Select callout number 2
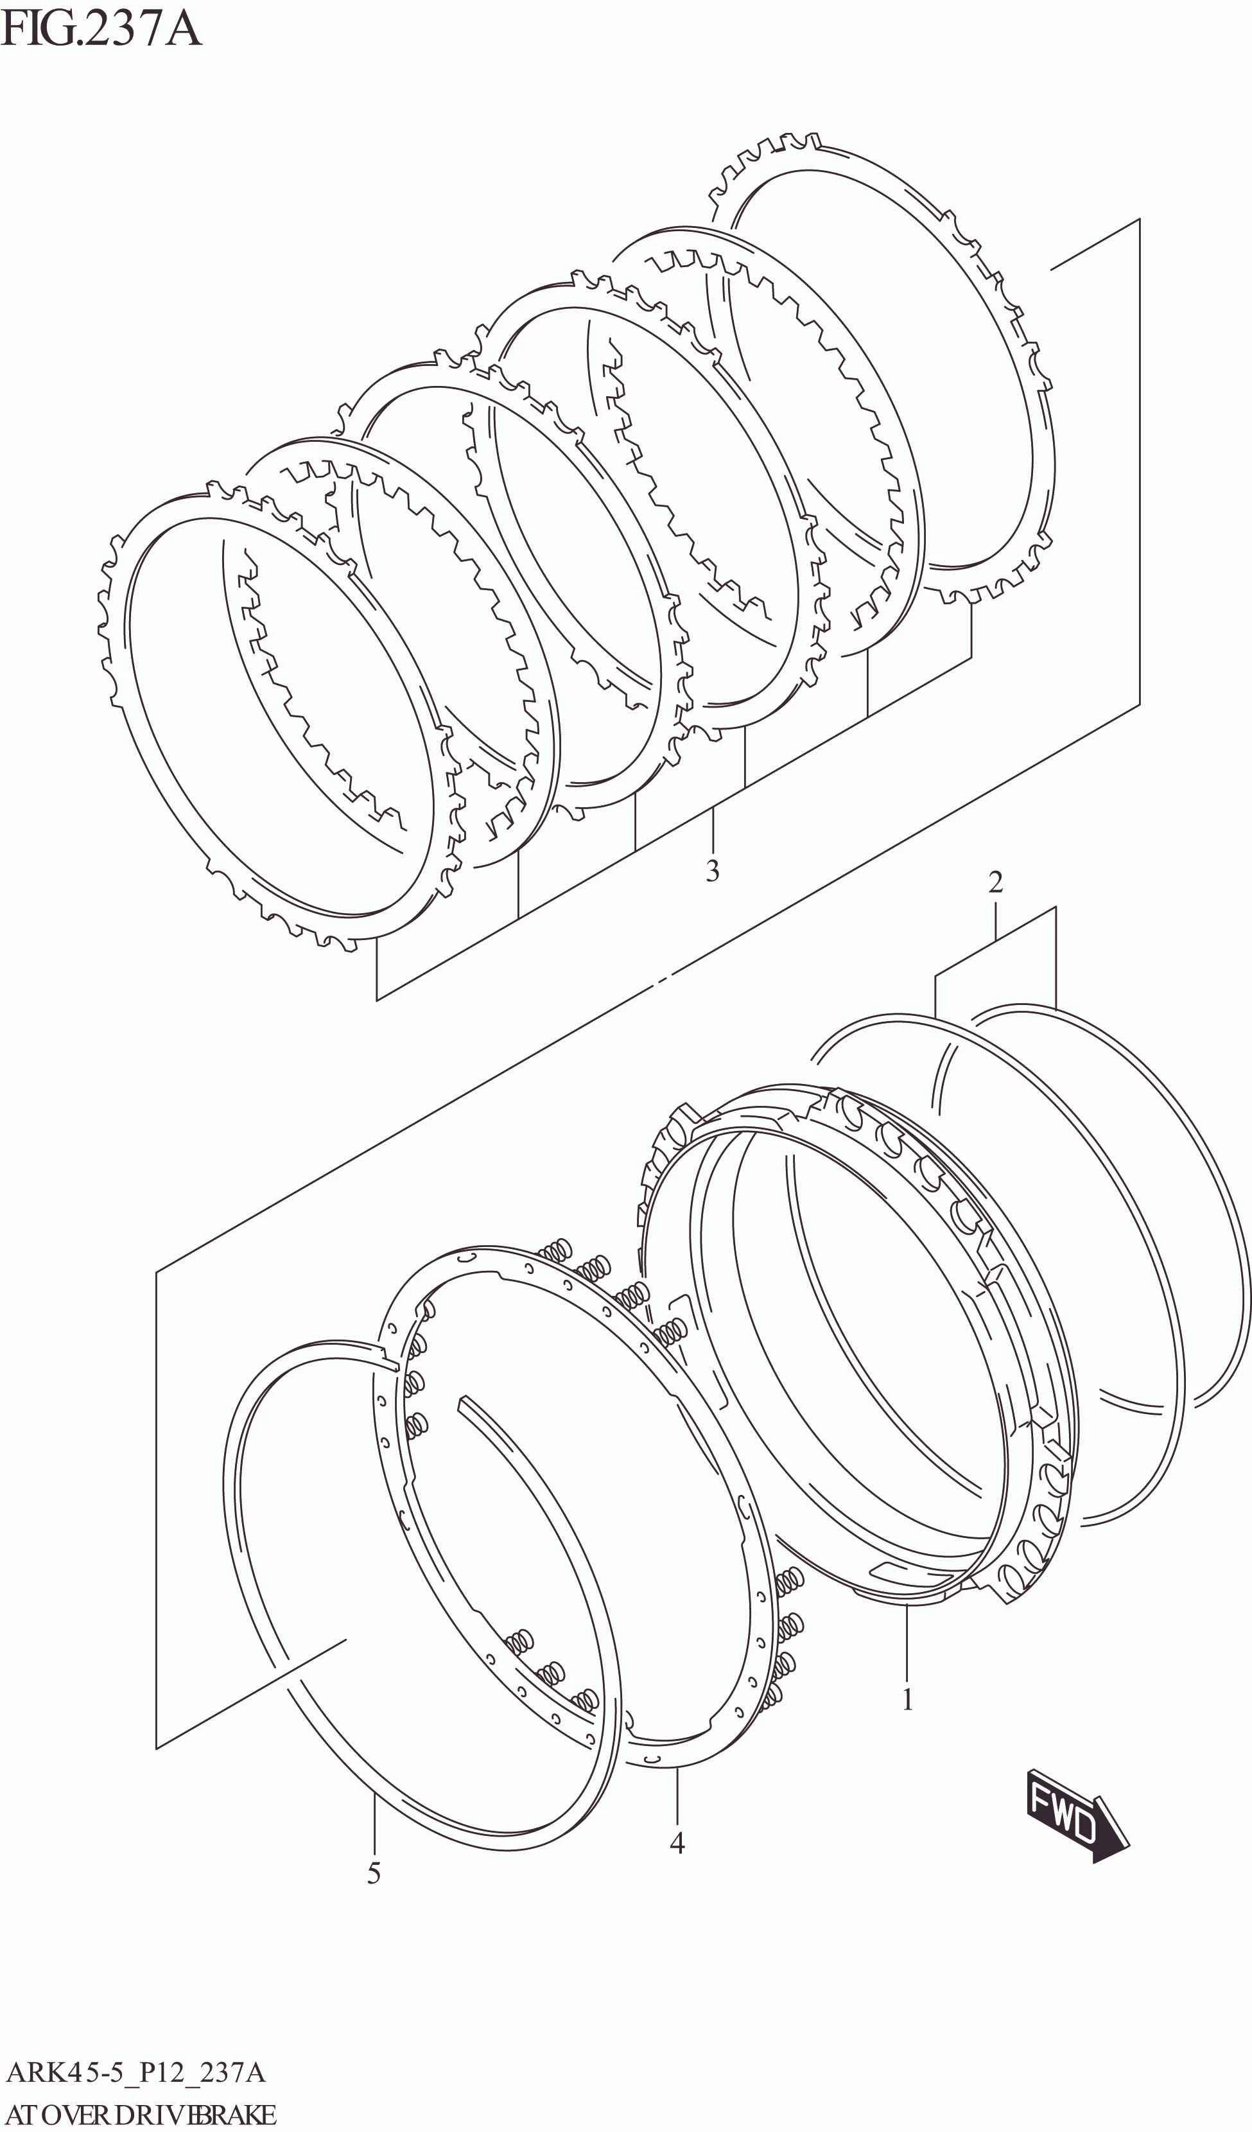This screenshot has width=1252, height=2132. pos(996,882)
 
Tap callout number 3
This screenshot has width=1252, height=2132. pos(712,871)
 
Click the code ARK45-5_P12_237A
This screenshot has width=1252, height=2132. pos(135,2073)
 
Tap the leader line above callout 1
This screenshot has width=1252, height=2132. pos(907,1641)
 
